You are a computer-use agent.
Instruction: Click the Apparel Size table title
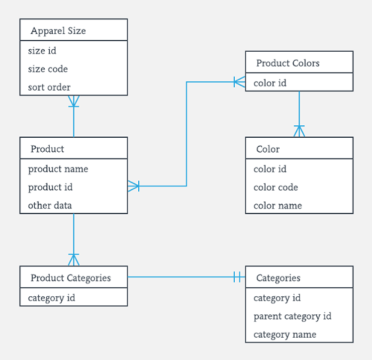tap(58, 31)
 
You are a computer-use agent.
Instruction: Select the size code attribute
tap(48, 69)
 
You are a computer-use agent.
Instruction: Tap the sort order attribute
tap(49, 88)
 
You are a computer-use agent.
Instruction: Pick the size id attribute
tap(42, 51)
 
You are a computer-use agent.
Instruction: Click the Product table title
tap(47, 149)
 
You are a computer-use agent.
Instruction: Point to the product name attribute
tap(58, 169)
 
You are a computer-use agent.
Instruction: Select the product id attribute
tap(50, 187)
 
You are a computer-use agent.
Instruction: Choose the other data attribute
tap(50, 205)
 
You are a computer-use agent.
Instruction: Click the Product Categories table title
tap(71, 277)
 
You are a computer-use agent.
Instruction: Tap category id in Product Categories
tap(52, 298)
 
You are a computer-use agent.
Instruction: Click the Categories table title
tap(278, 277)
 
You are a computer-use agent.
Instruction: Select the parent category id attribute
tap(292, 316)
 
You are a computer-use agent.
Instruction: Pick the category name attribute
tap(285, 335)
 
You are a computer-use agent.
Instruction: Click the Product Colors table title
tap(288, 63)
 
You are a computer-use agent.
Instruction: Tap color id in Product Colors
tap(270, 83)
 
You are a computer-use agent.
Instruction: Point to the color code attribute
tap(276, 187)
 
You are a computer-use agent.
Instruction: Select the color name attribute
tap(278, 205)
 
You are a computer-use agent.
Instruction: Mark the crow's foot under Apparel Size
tap(74, 101)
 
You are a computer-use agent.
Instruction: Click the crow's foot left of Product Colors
tap(239, 82)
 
